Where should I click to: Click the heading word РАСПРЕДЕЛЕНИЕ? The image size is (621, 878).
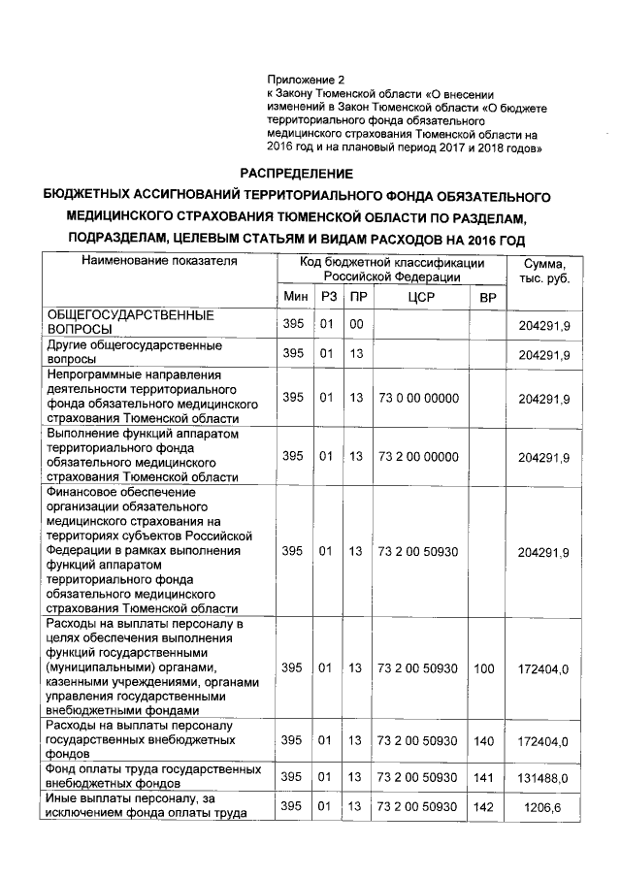pos(310,173)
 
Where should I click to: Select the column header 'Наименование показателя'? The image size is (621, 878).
pos(159,262)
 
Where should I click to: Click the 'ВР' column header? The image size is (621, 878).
pos(487,296)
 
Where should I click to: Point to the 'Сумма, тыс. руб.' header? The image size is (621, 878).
pos(544,271)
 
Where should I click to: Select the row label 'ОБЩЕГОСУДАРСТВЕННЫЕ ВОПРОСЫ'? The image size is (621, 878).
pos(131,322)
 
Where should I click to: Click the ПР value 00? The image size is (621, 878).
pos(356,323)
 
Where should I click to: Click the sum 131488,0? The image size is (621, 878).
pos(543,777)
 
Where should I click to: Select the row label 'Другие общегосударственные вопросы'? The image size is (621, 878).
pos(136,350)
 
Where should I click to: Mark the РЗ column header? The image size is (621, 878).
pos(330,296)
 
